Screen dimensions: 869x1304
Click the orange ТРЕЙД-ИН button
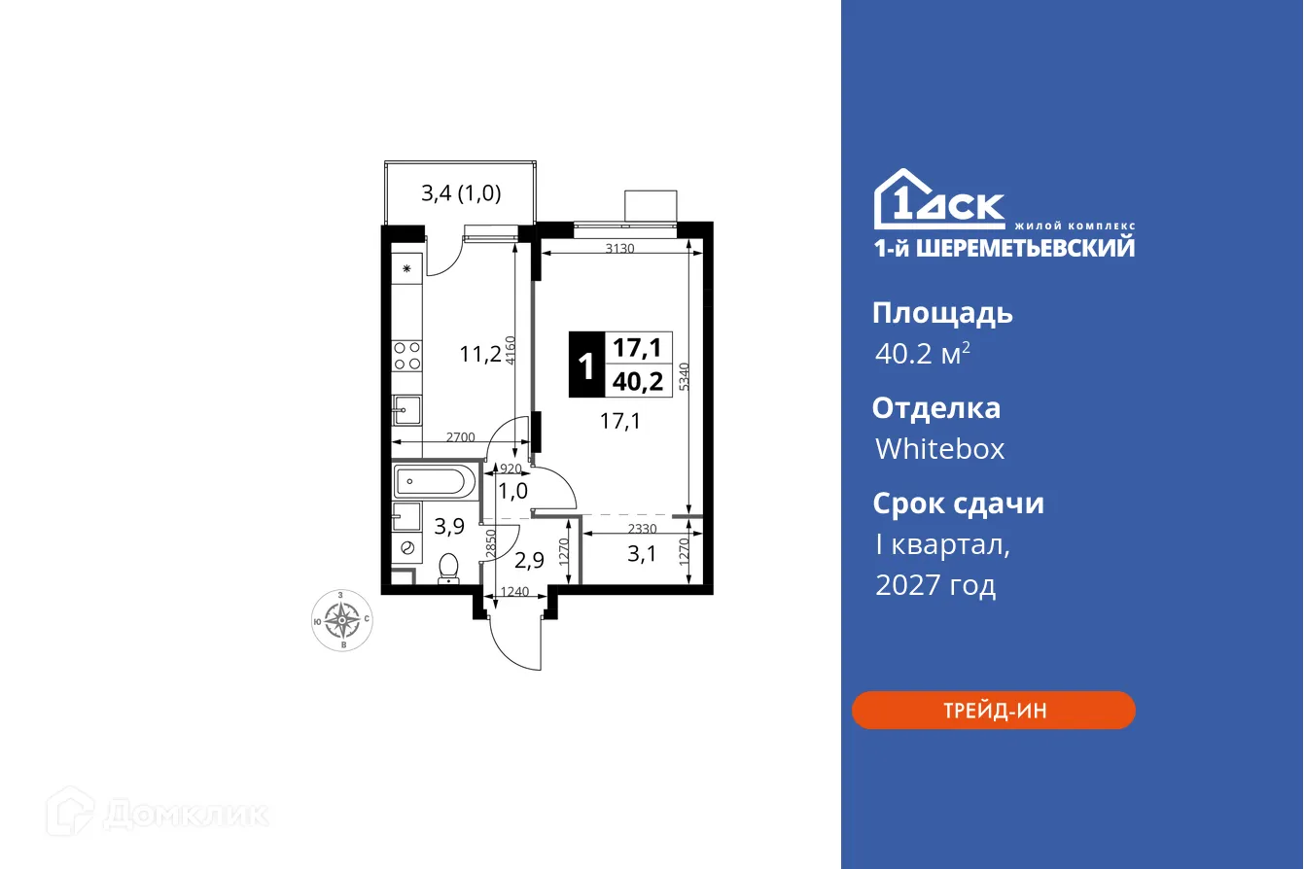(x=993, y=711)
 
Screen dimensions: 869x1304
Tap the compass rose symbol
(x=341, y=618)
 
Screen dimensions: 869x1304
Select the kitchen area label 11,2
(x=479, y=354)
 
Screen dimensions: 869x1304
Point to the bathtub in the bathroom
(x=435, y=480)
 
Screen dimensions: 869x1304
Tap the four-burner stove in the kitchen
(x=407, y=356)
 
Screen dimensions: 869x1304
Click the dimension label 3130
(x=619, y=248)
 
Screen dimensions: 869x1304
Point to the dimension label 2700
(x=460, y=437)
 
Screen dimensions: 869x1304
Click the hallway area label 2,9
(x=528, y=560)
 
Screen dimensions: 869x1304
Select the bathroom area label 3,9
(x=448, y=528)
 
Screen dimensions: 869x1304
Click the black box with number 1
(x=585, y=365)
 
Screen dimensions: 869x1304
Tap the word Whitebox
(x=939, y=449)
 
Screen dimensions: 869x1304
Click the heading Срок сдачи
(x=958, y=504)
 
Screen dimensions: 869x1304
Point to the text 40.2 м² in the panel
(x=922, y=354)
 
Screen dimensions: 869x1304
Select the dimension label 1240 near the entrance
(x=514, y=591)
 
